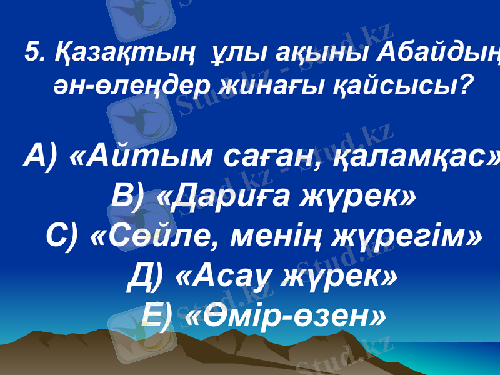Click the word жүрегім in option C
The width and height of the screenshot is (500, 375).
tap(406, 237)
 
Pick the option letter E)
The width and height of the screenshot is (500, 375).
tap(157, 316)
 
